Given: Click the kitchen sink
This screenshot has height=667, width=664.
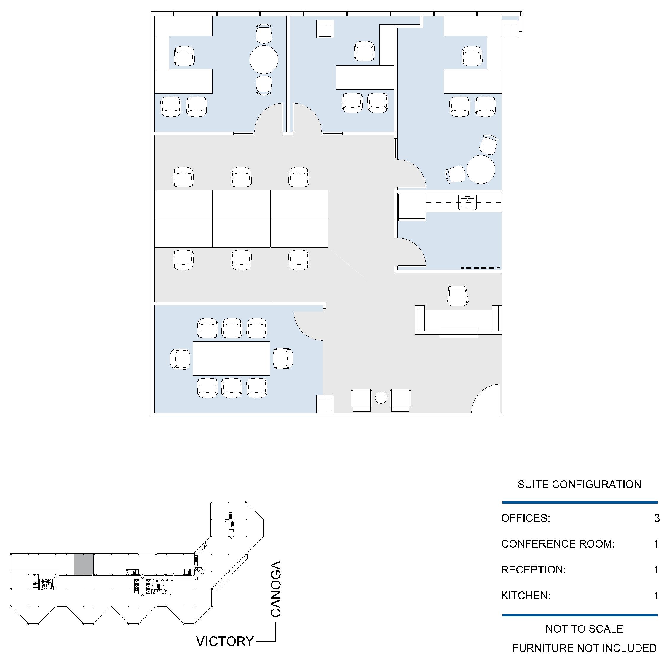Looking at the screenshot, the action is click(x=467, y=202).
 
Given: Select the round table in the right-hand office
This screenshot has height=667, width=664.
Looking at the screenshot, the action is click(x=481, y=169).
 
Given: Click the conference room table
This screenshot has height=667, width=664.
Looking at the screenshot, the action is click(x=231, y=358).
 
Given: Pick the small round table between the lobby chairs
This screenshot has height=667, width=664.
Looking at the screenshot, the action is click(x=381, y=397).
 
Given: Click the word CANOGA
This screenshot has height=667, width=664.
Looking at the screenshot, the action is click(x=276, y=589).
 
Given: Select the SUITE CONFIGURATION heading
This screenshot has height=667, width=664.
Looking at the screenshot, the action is click(x=579, y=484).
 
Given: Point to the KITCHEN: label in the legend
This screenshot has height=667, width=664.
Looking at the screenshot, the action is click(x=526, y=595).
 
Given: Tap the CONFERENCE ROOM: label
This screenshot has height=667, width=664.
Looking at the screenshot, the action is click(x=558, y=544).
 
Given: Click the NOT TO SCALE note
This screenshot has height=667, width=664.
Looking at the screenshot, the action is click(x=584, y=629).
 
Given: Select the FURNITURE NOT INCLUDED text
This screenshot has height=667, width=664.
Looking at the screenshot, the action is click(x=584, y=648).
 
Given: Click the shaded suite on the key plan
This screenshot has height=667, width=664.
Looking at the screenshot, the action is click(x=84, y=564).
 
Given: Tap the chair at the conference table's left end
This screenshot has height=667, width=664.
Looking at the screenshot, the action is click(x=180, y=359).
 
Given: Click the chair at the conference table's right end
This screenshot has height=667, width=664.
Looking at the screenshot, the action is click(x=283, y=358).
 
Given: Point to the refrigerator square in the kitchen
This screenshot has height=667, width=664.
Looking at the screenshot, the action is click(x=411, y=206).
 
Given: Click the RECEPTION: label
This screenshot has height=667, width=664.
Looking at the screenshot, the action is click(x=533, y=569).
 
